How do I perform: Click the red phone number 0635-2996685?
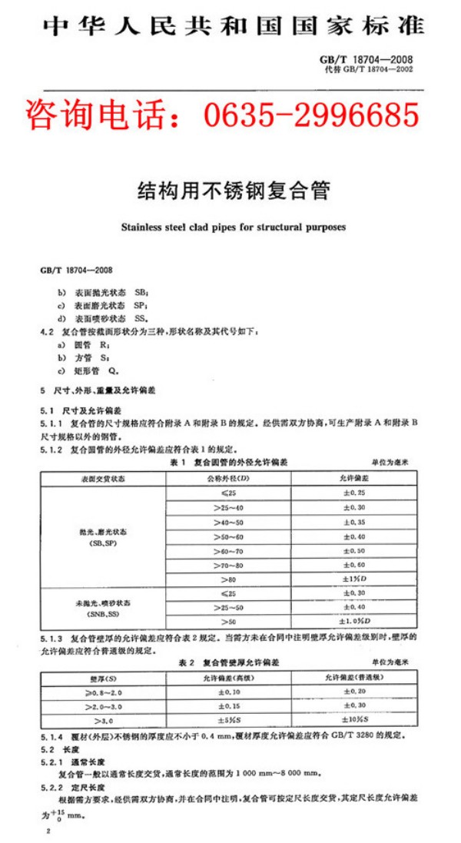[x=311, y=115]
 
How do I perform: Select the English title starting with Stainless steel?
[x=233, y=227]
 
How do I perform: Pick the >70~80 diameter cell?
[x=228, y=565]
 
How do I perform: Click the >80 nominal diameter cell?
[x=228, y=579]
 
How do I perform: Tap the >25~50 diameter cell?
[x=228, y=607]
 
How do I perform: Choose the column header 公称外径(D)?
[x=228, y=478]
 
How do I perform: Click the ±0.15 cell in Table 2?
[x=229, y=706]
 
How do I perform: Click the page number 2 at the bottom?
[x=49, y=833]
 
